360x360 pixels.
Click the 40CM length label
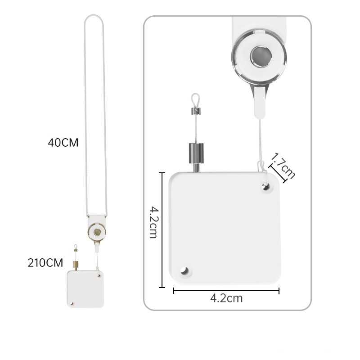click(63, 143)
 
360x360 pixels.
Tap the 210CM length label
click(45, 263)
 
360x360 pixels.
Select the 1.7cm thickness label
click(283, 166)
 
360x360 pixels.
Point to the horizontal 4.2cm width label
click(226, 298)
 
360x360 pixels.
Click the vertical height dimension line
click(162, 230)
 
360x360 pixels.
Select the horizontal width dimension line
click(226, 291)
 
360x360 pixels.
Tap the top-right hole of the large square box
click(266, 186)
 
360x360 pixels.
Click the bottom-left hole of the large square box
click(184, 271)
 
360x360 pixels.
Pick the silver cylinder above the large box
click(196, 153)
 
